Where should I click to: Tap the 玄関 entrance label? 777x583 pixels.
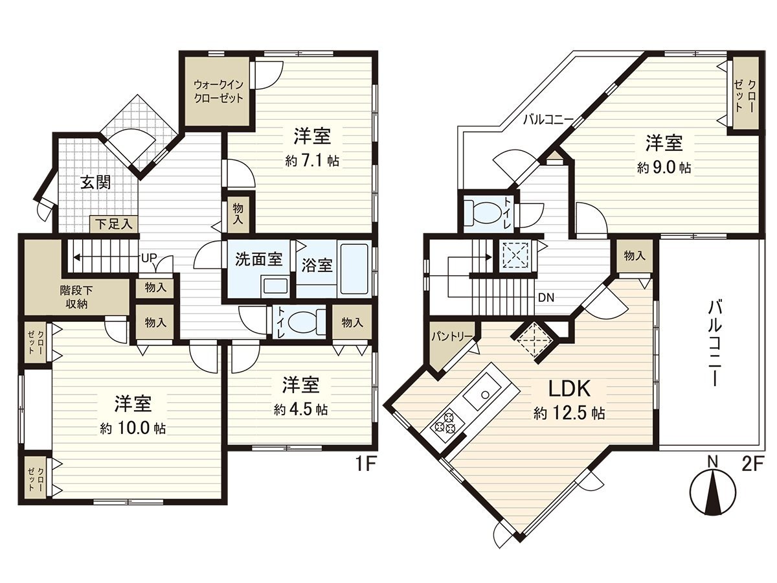(x=95, y=182)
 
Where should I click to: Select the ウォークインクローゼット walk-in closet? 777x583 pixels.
(x=217, y=91)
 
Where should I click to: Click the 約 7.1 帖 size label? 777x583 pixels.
(x=312, y=161)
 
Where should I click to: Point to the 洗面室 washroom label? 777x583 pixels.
(x=258, y=259)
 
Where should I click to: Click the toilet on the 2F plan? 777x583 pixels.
(x=482, y=212)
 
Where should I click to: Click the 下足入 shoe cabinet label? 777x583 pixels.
(x=114, y=224)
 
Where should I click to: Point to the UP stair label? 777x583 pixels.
(x=148, y=257)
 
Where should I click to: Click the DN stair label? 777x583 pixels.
(x=545, y=298)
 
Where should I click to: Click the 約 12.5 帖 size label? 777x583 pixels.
(x=569, y=413)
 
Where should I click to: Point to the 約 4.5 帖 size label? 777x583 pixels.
(x=300, y=409)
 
